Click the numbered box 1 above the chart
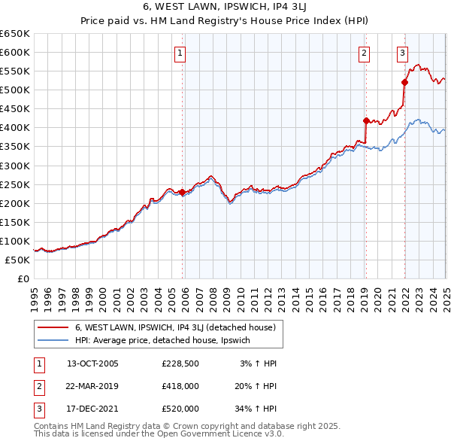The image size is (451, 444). (x=181, y=53)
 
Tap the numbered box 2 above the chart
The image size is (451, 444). (x=364, y=53)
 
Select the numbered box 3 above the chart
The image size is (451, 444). (x=403, y=53)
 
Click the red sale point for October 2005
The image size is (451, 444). (x=182, y=192)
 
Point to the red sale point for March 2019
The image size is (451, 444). (x=366, y=120)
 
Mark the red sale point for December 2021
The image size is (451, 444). (x=404, y=82)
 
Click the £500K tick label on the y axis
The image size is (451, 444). (x=14, y=90)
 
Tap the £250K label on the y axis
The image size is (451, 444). (x=14, y=184)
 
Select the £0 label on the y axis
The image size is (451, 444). (x=22, y=278)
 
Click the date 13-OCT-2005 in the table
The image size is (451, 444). (x=92, y=363)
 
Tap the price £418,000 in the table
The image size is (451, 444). (x=180, y=386)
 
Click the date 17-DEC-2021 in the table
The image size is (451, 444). (x=92, y=409)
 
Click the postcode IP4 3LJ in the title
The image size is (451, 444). (x=283, y=8)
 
